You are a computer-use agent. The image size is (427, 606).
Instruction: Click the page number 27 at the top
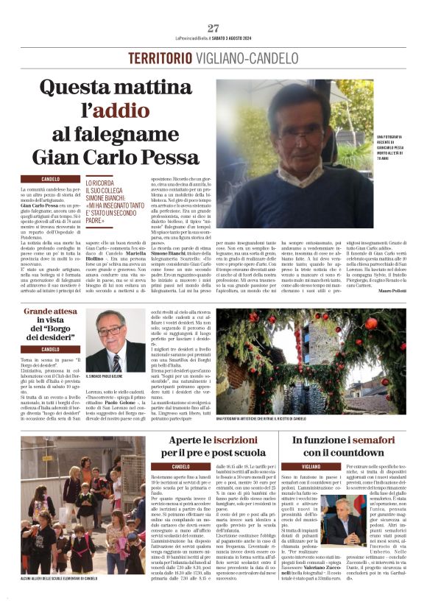coord(213,28)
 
